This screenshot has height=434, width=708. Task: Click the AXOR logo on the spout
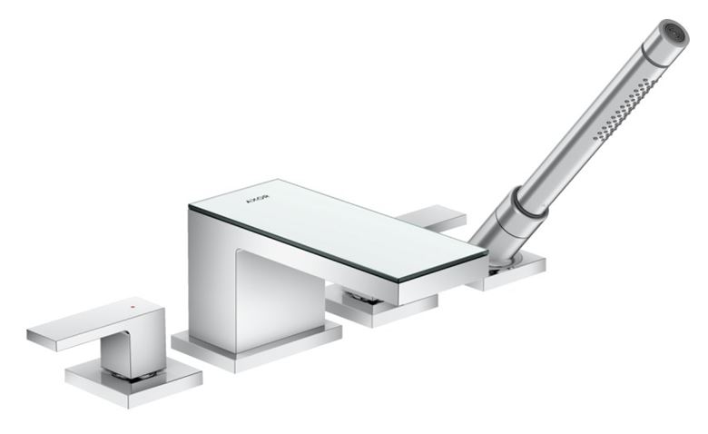click(258, 197)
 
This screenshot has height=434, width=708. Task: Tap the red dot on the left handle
click(133, 307)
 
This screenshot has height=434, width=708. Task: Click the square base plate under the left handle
click(133, 385)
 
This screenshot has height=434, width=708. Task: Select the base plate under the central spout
click(257, 348)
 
